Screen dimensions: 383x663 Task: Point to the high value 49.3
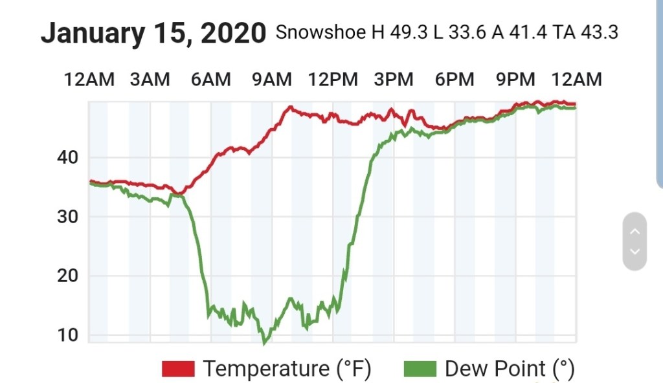(x=409, y=33)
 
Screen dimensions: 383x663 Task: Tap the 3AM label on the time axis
(x=150, y=80)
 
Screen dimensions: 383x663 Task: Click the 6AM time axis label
(x=210, y=80)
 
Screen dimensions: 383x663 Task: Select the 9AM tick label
(x=271, y=80)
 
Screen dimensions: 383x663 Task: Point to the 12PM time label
(x=333, y=80)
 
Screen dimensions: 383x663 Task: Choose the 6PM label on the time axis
(x=455, y=80)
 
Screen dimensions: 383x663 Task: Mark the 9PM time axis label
(x=515, y=80)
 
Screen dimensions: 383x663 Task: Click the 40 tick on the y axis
(x=67, y=157)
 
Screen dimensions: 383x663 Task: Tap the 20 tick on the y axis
(x=67, y=276)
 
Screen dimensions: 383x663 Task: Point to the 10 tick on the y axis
(x=67, y=335)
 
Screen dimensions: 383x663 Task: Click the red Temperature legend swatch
(x=178, y=369)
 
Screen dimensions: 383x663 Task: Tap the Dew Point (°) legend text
(x=510, y=369)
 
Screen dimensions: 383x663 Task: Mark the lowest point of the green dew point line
(x=264, y=343)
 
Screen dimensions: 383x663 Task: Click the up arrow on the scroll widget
(x=635, y=231)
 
